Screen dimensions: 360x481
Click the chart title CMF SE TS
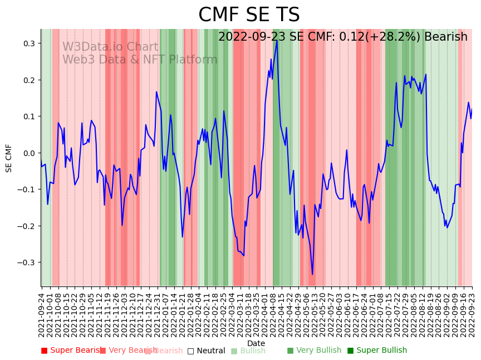point(249,15)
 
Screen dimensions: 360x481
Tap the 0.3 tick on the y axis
point(28,43)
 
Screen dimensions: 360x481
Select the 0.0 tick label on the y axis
point(28,153)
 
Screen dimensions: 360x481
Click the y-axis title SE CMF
point(9,158)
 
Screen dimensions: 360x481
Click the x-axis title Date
point(256,343)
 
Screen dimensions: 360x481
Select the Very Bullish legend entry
point(314,351)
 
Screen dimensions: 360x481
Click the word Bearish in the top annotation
point(445,37)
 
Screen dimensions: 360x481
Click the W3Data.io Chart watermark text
point(110,47)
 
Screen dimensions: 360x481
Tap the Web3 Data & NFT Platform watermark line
point(140,60)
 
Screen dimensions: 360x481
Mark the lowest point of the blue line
point(312,274)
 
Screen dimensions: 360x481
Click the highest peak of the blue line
point(276,40)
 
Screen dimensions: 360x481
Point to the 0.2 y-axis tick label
point(28,80)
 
